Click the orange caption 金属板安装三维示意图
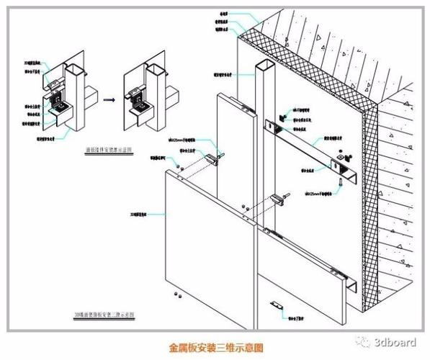pos(215,346)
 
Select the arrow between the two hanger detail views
pos(107,102)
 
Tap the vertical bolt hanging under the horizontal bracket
pos(336,169)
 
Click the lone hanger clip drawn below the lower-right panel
pos(275,305)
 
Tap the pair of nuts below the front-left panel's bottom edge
pos(178,294)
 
